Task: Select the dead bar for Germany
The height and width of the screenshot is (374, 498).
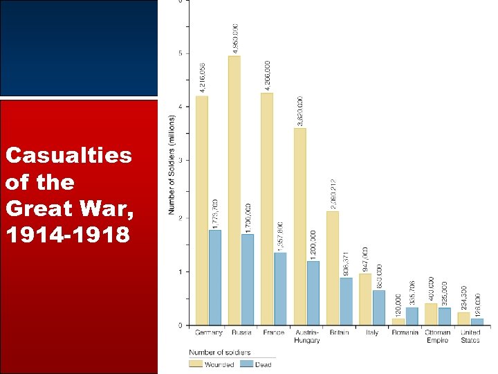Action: coord(215,277)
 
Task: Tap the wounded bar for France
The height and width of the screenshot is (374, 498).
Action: coord(267,208)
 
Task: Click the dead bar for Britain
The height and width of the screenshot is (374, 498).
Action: coord(346,301)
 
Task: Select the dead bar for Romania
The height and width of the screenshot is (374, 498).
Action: coord(412,317)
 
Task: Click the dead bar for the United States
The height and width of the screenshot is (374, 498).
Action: coord(477,321)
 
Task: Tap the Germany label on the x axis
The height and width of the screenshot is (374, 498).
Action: coord(209,332)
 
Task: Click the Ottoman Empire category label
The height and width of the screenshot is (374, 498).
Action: coord(438,336)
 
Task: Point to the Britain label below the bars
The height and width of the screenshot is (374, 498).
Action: coord(340,332)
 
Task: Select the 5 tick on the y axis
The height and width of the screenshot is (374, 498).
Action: coord(181,53)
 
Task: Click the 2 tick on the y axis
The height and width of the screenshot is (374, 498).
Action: coord(181,218)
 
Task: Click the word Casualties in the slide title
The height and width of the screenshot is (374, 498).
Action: coord(68,155)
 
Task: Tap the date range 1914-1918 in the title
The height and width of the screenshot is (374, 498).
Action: coord(66,235)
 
